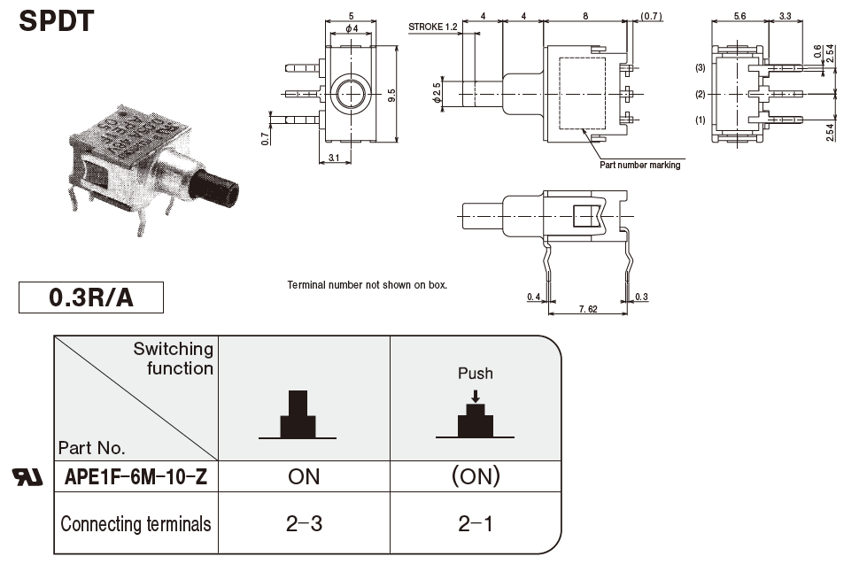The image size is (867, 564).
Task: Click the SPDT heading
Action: click(x=56, y=20)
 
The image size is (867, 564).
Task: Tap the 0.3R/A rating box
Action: click(x=91, y=297)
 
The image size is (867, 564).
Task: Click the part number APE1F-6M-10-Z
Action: click(x=136, y=477)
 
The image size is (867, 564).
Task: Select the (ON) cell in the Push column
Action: click(x=476, y=476)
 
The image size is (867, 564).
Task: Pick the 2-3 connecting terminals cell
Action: click(x=304, y=523)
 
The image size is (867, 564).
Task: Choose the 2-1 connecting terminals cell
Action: click(x=476, y=523)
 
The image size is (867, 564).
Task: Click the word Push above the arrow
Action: click(x=476, y=373)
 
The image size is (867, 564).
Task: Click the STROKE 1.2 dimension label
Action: click(x=433, y=27)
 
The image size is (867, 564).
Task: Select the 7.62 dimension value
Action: click(x=587, y=310)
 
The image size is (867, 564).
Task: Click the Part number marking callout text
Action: click(x=640, y=165)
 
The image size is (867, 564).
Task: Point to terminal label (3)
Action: click(x=700, y=68)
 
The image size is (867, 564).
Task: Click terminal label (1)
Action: click(x=700, y=120)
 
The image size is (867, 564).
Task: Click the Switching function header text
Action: click(x=174, y=358)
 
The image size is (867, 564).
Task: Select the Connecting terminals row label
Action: click(x=135, y=523)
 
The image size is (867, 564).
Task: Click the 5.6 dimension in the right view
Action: click(x=740, y=16)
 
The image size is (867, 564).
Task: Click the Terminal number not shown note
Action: click(x=368, y=285)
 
